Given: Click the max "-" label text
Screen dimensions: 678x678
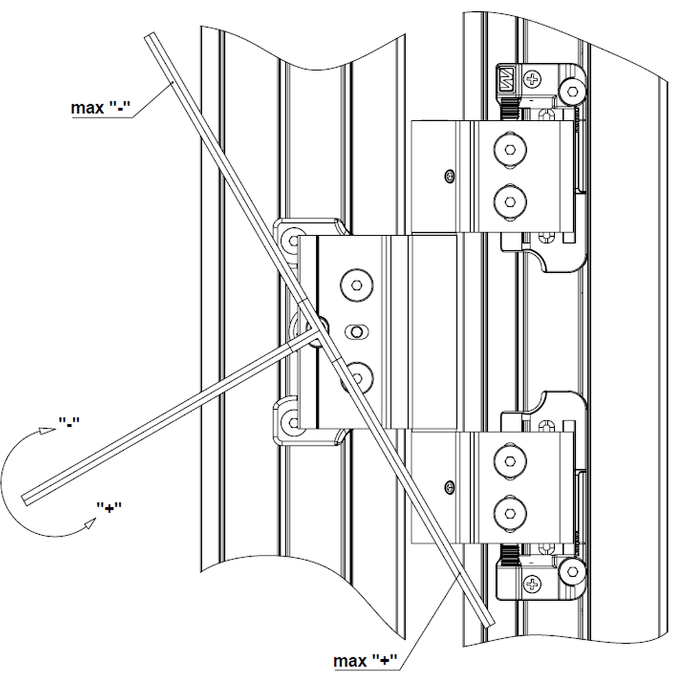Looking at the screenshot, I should (x=100, y=108).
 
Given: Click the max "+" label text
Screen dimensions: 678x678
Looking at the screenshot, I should (x=366, y=660).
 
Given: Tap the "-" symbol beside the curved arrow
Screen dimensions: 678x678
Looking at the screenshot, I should (x=69, y=421).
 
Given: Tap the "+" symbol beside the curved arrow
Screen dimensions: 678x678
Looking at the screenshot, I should (x=109, y=507).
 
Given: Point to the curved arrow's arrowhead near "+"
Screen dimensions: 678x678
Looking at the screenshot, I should (x=89, y=523).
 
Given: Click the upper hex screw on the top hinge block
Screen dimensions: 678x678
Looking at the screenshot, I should (x=509, y=150).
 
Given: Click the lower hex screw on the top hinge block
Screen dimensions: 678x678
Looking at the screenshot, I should (x=509, y=202).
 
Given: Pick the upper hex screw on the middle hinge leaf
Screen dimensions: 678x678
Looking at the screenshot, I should (x=356, y=285).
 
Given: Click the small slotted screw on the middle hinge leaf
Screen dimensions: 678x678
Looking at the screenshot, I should (x=356, y=331).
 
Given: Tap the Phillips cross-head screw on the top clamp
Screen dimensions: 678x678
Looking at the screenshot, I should (x=533, y=80).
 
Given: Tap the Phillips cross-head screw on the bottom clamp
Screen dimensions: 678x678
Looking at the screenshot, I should (x=533, y=586).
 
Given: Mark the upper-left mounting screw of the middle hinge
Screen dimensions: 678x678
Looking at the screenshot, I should (x=293, y=239).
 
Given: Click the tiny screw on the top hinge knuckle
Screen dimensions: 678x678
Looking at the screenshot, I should (x=448, y=174).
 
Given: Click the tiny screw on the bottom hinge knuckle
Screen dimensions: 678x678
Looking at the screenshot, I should (x=448, y=485).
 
